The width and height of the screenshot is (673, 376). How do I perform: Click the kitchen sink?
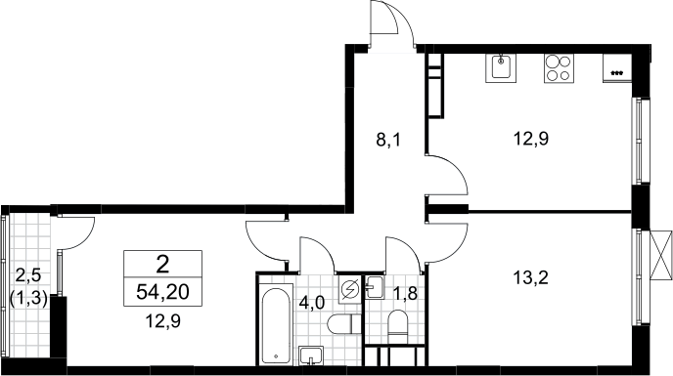pyautogui.click(x=500, y=67)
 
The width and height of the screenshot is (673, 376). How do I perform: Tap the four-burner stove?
pyautogui.click(x=559, y=67)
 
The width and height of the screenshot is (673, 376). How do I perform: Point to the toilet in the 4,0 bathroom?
pyautogui.click(x=343, y=324)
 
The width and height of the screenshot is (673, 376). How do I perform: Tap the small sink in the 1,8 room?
pyautogui.click(x=374, y=287)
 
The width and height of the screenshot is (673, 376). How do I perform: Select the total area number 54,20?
pyautogui.click(x=162, y=292)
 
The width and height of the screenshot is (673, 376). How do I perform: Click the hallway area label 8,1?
pyautogui.click(x=388, y=140)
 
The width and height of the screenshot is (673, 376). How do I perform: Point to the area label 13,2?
pyautogui.click(x=530, y=278)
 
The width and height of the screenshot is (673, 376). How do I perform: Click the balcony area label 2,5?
pyautogui.click(x=28, y=274)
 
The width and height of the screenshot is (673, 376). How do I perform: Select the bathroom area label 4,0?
pyautogui.click(x=312, y=302)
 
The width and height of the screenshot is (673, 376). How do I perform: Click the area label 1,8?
pyautogui.click(x=405, y=295)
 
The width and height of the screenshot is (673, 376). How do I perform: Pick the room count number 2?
pyautogui.click(x=162, y=265)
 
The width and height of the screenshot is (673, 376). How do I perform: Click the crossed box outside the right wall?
pyautogui.click(x=661, y=255)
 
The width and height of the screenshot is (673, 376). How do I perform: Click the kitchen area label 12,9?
pyautogui.click(x=530, y=139)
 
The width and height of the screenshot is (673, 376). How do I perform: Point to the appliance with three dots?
pyautogui.click(x=617, y=67)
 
